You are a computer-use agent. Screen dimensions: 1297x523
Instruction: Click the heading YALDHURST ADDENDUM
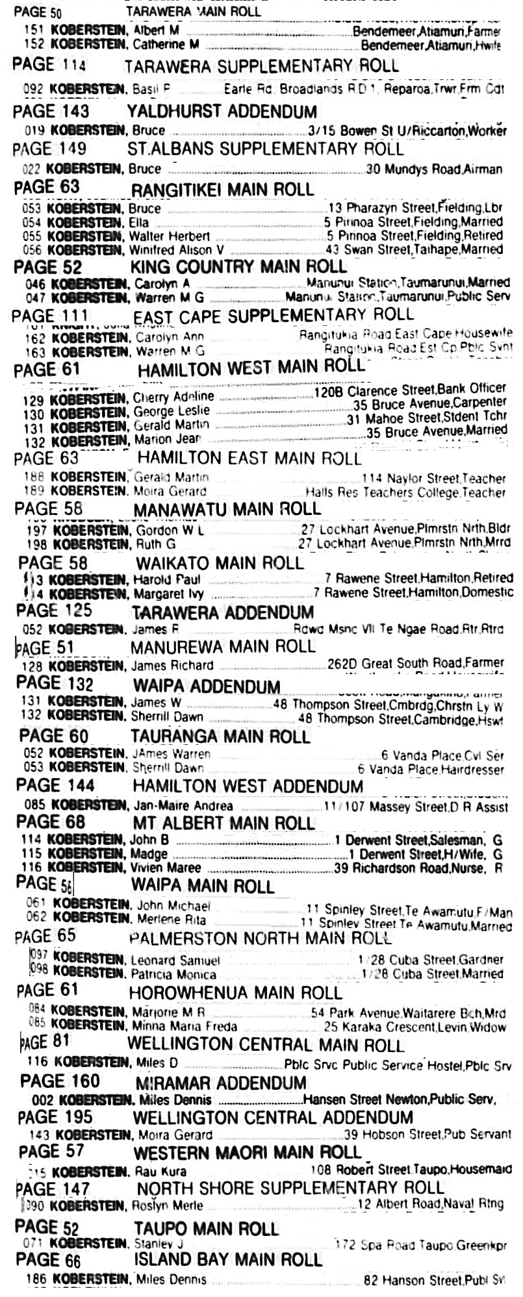click(221, 111)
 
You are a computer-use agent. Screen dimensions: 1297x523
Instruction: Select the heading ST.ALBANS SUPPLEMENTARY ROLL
click(266, 148)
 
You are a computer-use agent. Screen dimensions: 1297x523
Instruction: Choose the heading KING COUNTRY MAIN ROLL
click(238, 267)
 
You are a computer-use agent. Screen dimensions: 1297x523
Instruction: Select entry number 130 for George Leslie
click(33, 414)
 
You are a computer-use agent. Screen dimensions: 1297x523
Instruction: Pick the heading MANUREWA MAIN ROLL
click(223, 646)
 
